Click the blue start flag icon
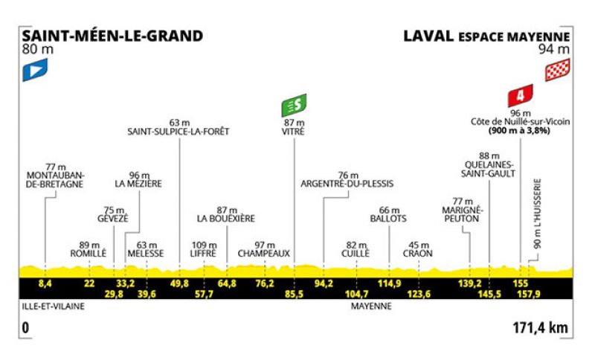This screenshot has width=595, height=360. pyautogui.click(x=35, y=70)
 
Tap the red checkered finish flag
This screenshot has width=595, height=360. pyautogui.click(x=557, y=70)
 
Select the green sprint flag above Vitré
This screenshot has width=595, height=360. pyautogui.click(x=294, y=105)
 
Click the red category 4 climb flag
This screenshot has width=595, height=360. pyautogui.click(x=520, y=95)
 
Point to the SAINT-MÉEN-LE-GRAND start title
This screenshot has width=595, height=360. pyautogui.click(x=112, y=36)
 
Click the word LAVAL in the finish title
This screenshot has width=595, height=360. pyautogui.click(x=428, y=36)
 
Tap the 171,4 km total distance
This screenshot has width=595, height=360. pyautogui.click(x=541, y=327)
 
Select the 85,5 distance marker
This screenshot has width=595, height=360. pyautogui.click(x=294, y=294)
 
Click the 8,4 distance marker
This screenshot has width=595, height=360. pyautogui.click(x=45, y=283)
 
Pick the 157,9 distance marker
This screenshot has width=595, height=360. pyautogui.click(x=529, y=294)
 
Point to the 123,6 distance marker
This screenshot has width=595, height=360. pyautogui.click(x=419, y=294)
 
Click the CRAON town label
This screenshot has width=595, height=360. pyautogui.click(x=418, y=254)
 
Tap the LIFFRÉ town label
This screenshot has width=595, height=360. pyautogui.click(x=203, y=254)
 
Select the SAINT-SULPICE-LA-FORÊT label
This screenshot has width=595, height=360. pyautogui.click(x=178, y=132)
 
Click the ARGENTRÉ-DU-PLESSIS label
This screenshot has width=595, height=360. pyautogui.click(x=347, y=184)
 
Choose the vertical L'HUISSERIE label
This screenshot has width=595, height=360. pyautogui.click(x=537, y=213)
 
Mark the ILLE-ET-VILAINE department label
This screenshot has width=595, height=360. pyautogui.click(x=53, y=306)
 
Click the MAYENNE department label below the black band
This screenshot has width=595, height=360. pyautogui.click(x=371, y=306)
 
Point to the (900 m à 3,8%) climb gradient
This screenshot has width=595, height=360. pyautogui.click(x=519, y=130)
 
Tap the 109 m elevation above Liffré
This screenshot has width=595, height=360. pyautogui.click(x=204, y=245)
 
